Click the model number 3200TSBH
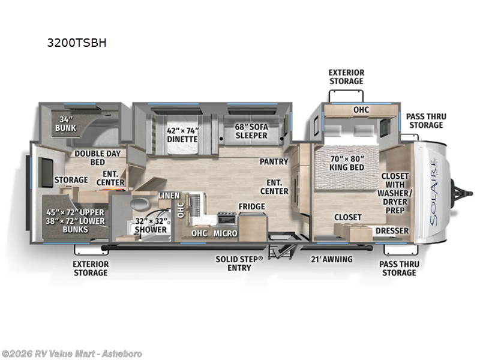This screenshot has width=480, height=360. click(x=77, y=43)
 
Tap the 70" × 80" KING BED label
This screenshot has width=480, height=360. click(x=347, y=163)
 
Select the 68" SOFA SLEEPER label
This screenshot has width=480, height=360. click(x=251, y=131)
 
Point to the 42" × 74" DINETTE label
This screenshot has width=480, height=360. click(x=182, y=134)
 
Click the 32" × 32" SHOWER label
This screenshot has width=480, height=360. click(x=151, y=226)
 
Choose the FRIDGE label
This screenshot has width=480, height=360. click(x=252, y=206)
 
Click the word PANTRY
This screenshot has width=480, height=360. click(x=274, y=161)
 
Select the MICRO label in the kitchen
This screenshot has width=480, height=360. click(x=226, y=233)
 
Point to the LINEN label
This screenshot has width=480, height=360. click(x=169, y=196)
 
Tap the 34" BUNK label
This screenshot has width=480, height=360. click(x=65, y=124)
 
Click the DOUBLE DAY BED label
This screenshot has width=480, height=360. click(x=98, y=158)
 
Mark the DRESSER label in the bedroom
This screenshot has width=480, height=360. click(x=392, y=231)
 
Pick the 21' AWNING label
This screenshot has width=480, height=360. click(x=332, y=259)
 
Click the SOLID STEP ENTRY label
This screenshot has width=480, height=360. click(x=239, y=263)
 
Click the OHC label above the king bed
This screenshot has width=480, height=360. click(x=361, y=110)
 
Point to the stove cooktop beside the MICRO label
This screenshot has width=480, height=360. click(x=227, y=218)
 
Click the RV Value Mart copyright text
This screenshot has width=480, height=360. click(x=71, y=354)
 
